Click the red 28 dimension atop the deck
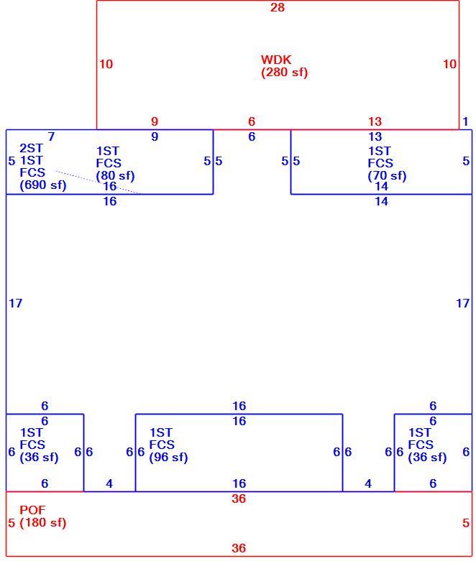point(278,7)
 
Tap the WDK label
point(276,60)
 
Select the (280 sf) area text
point(285,73)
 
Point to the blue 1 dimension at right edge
point(465,121)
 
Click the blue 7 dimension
point(51,136)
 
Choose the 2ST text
point(31,148)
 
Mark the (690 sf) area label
point(43,185)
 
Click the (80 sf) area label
point(115,176)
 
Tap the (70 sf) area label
point(387,176)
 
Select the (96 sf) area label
point(168,457)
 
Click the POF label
point(32,510)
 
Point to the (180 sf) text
point(43,522)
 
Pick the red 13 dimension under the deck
point(375,121)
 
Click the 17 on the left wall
point(15,303)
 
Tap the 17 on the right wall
point(462,303)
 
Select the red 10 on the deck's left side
point(106,64)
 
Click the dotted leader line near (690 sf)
point(96,182)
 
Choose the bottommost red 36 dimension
point(239,548)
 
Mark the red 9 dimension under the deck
point(155,121)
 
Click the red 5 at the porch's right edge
point(466,523)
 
